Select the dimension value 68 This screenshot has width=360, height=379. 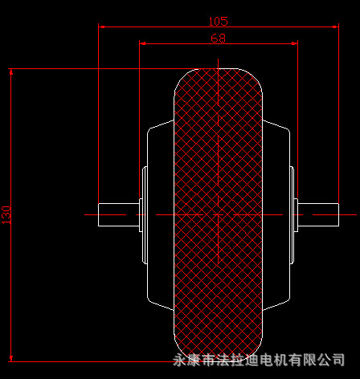[218, 38]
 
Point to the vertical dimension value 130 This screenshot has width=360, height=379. [6, 214]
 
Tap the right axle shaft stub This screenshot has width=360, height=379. [317, 214]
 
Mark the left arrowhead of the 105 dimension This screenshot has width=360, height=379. [102, 26]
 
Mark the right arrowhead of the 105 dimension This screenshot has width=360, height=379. [334, 26]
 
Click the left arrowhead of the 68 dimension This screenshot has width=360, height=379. [143, 43]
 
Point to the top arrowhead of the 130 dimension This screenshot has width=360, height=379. [11, 73]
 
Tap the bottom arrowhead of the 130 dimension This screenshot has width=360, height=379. [11, 357]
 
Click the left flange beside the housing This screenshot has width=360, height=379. [144, 214]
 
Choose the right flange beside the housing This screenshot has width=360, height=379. [292, 214]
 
